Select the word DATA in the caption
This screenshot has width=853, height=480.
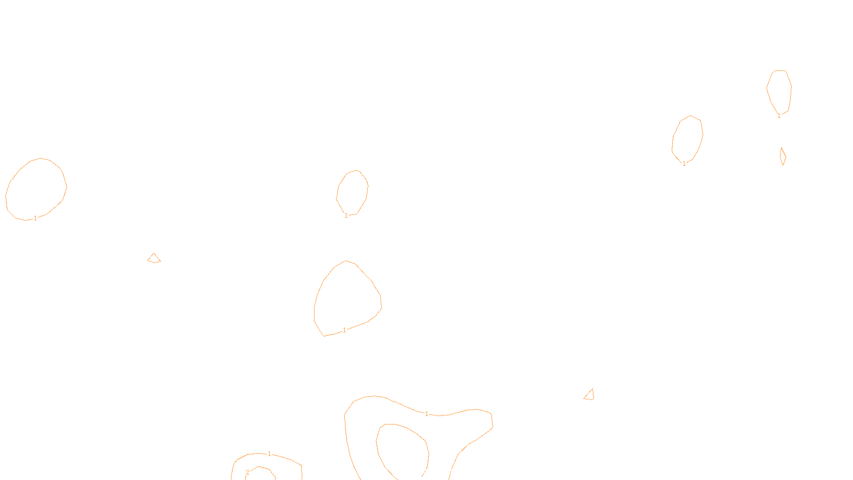point(450,471)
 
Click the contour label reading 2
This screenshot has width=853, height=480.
point(247,473)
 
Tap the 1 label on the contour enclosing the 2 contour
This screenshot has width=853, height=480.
point(269,454)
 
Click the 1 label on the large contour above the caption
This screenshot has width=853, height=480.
point(426,414)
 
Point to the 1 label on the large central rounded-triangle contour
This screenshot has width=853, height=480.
point(344,330)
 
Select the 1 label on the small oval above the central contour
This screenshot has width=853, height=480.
point(346,215)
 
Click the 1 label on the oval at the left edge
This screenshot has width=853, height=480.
point(35,218)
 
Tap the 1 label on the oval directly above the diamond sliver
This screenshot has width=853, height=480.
point(779,116)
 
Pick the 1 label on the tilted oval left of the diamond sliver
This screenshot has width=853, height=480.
point(684,164)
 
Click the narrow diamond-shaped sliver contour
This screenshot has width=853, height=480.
point(783,157)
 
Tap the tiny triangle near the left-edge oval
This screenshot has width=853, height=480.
point(154,259)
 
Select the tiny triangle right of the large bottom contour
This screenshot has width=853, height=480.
point(590,395)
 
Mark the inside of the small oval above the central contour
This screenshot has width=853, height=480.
point(352,192)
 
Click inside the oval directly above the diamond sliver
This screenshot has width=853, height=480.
point(779,91)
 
